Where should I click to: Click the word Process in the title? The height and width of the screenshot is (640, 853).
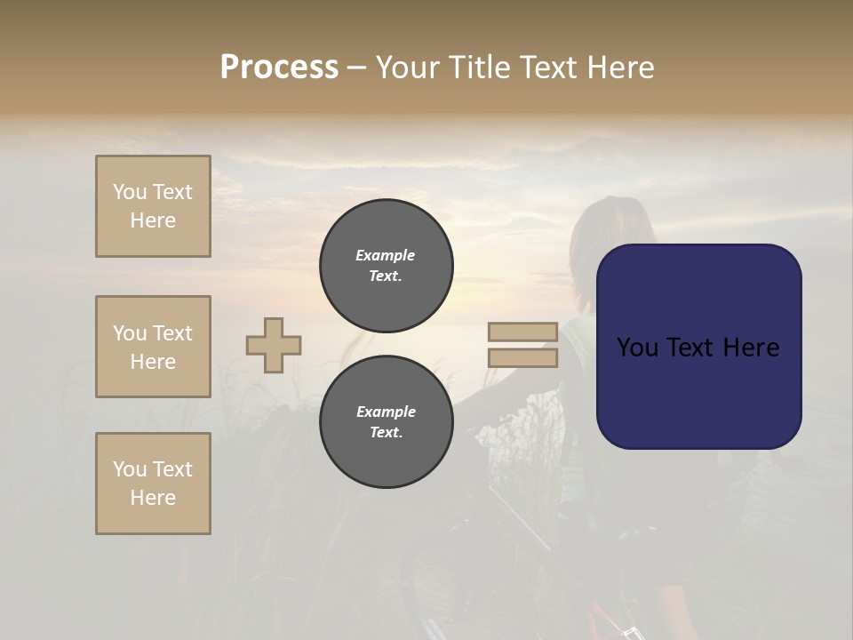click(279, 68)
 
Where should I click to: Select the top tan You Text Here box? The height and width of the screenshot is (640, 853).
click(153, 206)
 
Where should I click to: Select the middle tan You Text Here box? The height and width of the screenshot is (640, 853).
click(153, 347)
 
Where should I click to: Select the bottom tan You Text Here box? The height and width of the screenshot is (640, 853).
click(153, 484)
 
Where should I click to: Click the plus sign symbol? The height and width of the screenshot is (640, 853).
click(274, 345)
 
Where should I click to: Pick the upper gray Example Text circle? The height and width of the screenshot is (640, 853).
click(386, 266)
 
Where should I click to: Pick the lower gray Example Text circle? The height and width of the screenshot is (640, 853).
click(386, 422)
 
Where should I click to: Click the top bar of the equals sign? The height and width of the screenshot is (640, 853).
click(522, 332)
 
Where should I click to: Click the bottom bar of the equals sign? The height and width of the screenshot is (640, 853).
click(522, 358)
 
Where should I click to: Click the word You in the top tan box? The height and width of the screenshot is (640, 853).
click(130, 192)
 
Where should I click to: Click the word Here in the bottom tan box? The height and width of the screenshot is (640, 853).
click(153, 498)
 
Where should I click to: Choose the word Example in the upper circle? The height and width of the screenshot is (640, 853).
click(386, 255)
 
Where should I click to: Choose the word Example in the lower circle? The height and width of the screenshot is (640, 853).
click(386, 412)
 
